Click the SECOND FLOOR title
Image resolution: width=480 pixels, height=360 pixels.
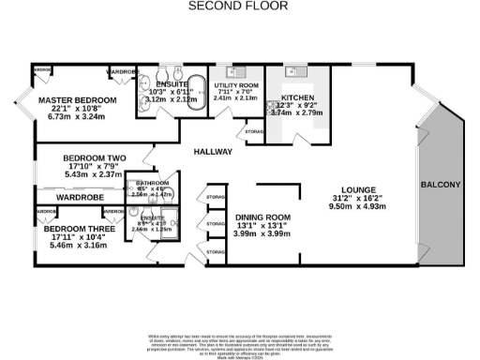(239, 6)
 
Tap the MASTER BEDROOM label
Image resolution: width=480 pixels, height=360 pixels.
(77, 99)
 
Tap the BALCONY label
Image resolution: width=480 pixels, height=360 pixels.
(440, 184)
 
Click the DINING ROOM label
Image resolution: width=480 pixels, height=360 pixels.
(262, 217)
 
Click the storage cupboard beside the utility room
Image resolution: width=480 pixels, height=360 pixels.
(254, 132)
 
